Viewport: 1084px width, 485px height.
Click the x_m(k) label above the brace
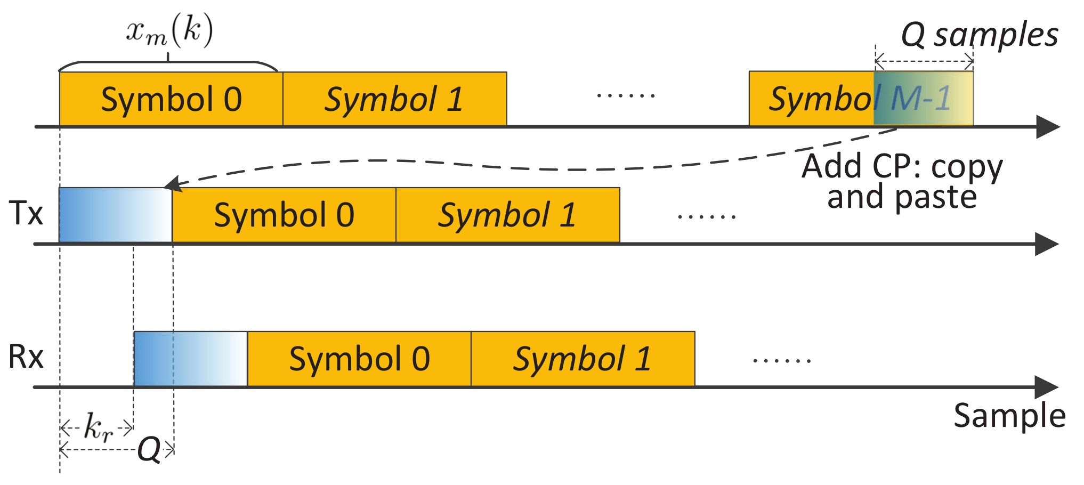[x=169, y=31]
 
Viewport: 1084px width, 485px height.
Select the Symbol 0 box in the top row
[x=171, y=99]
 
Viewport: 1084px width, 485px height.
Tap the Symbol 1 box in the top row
[x=394, y=99]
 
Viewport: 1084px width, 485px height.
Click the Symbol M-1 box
[x=861, y=99]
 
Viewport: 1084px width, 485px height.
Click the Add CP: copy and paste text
[x=902, y=181]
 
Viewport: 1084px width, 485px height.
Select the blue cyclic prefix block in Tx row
[x=115, y=215]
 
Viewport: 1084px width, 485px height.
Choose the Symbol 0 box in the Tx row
[x=284, y=215]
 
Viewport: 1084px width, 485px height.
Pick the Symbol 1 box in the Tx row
[x=507, y=215]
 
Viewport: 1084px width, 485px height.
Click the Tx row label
[x=26, y=214]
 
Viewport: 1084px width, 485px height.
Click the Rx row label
[x=26, y=357]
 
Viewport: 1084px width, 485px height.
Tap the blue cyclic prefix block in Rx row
[x=190, y=359]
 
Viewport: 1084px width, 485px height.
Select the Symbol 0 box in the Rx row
[x=359, y=359]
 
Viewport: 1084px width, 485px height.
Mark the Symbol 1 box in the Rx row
[x=583, y=359]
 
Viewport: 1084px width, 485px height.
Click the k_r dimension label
[x=98, y=427]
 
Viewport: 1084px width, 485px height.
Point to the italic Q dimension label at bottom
[x=149, y=449]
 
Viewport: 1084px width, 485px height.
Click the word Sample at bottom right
[x=1009, y=416]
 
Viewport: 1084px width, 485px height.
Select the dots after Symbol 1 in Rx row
[x=782, y=361]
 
